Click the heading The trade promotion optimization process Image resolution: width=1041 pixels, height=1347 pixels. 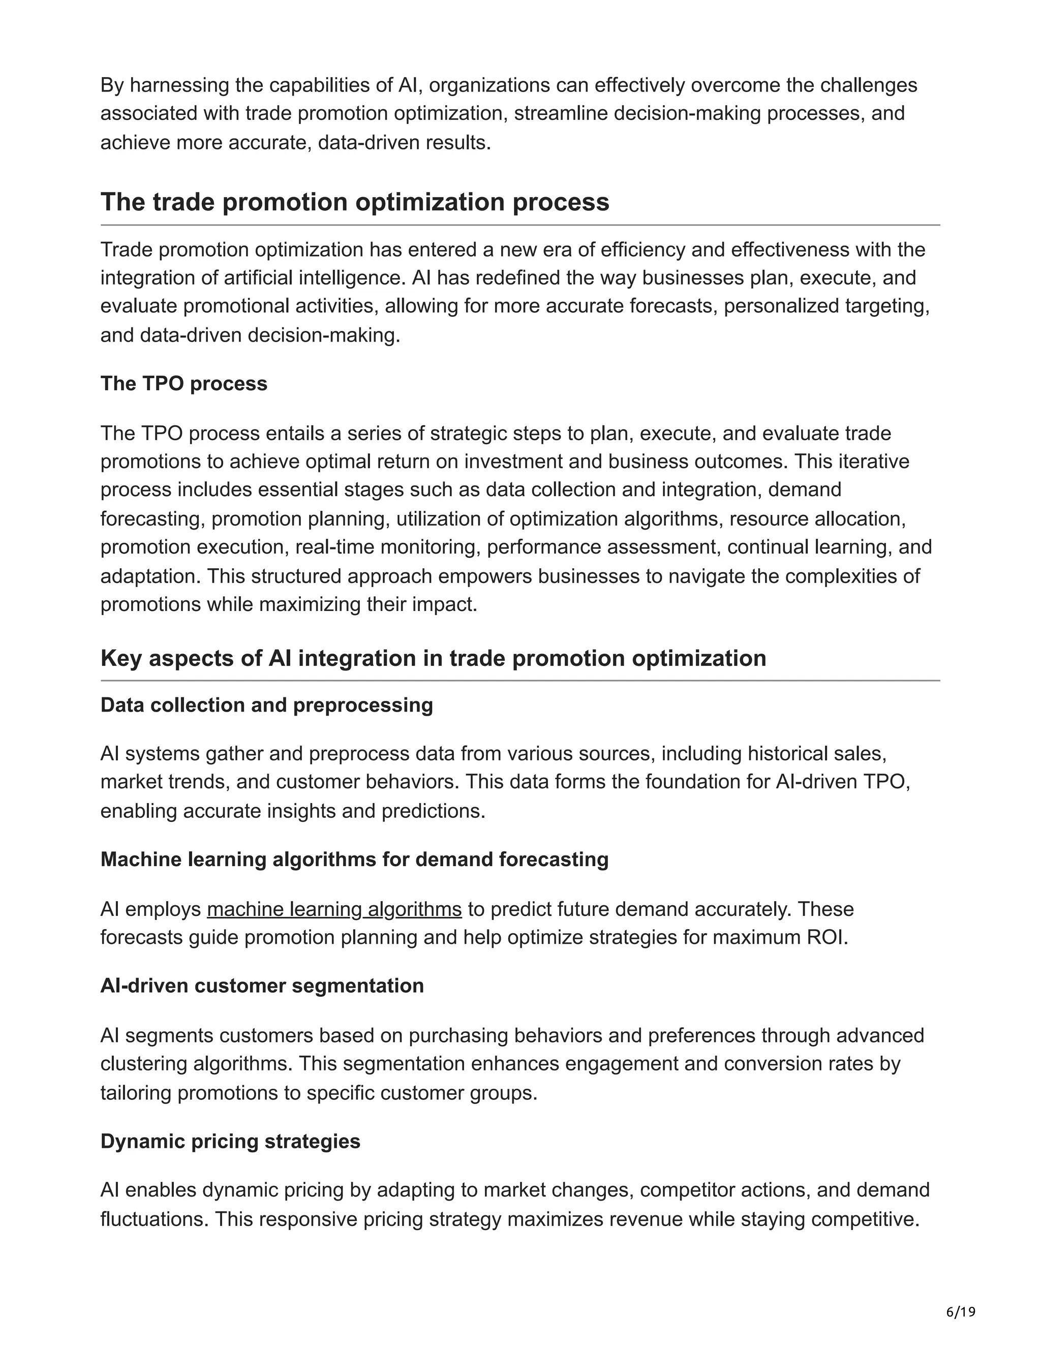click(355, 202)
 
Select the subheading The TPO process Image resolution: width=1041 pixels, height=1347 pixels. click(184, 384)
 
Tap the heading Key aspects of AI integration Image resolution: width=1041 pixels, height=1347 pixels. click(433, 658)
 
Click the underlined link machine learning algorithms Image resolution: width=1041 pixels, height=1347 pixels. click(334, 909)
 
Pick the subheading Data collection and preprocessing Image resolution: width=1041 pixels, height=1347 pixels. click(266, 705)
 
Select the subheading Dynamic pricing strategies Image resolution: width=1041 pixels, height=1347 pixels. click(230, 1141)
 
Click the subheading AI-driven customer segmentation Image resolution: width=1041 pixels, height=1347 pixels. click(262, 986)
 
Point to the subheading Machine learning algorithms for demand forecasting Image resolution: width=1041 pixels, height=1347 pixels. click(354, 859)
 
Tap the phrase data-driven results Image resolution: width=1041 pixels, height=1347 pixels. click(403, 142)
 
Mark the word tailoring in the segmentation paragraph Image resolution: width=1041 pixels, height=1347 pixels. click(136, 1093)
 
